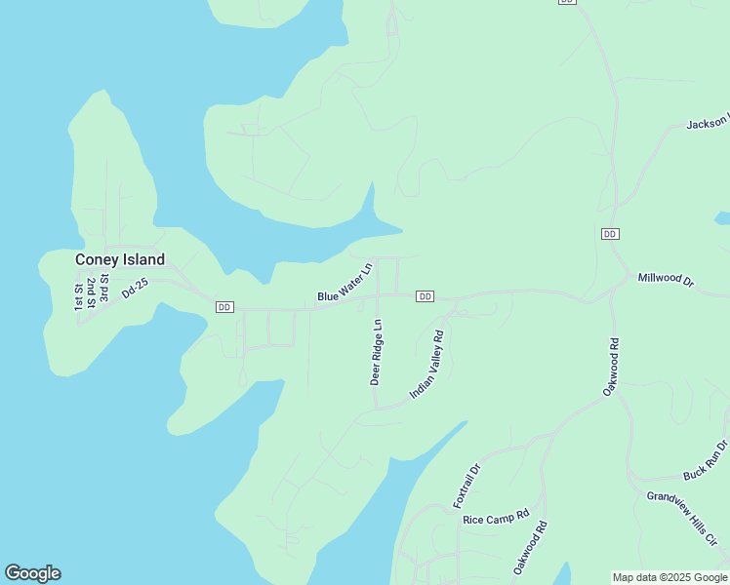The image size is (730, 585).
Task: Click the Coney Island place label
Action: click(x=120, y=259)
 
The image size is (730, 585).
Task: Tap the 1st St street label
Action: click(x=79, y=297)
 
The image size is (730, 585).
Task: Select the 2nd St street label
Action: click(x=91, y=292)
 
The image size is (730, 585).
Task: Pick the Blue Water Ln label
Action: click(x=345, y=282)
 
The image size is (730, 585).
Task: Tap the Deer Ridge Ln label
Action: click(x=376, y=351)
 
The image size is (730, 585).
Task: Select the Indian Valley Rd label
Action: click(x=427, y=365)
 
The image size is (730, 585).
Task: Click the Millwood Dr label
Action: click(x=665, y=280)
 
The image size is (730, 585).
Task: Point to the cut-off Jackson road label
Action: click(x=708, y=124)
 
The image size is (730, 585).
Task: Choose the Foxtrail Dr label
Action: click(x=467, y=485)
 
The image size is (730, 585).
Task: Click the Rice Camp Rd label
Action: click(x=496, y=518)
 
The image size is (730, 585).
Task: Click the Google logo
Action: click(x=32, y=573)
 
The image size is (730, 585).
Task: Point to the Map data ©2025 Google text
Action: click(x=670, y=577)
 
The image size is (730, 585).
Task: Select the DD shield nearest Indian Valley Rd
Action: click(x=425, y=295)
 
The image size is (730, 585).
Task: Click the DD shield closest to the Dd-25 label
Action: click(x=224, y=307)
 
